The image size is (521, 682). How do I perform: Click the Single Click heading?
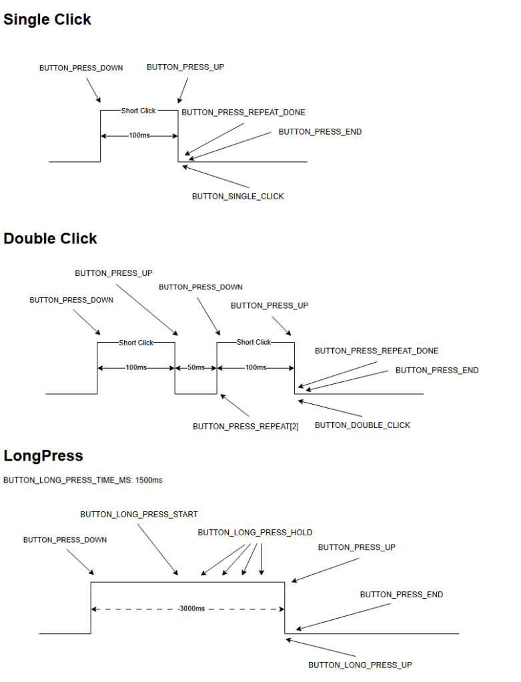47,20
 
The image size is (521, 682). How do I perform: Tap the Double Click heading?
51,239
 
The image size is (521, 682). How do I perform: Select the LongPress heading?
43,456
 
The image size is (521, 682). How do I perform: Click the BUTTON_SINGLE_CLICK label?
237,197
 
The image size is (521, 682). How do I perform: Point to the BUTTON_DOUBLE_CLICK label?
362,425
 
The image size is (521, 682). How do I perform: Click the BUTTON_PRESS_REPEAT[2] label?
245,427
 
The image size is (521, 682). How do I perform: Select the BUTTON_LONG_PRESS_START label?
139,515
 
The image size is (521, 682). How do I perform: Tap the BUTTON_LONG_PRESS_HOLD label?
255,533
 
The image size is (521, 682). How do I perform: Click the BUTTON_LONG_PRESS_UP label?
360,665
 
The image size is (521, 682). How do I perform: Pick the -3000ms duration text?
191,609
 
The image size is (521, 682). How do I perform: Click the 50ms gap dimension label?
196,368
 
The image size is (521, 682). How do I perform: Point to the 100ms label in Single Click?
139,135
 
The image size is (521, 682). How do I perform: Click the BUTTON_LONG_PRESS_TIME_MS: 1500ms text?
83,480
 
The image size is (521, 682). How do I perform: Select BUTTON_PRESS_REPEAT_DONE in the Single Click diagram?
243,113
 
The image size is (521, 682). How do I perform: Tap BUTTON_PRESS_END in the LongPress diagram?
402,595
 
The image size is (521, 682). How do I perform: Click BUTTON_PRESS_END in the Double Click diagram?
437,371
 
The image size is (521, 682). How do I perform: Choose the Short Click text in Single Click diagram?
138,111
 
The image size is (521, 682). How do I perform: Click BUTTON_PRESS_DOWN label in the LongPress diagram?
65,540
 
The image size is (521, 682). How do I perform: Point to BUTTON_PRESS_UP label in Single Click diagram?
185,68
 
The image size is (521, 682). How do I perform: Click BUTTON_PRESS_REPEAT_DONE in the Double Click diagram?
376,351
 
